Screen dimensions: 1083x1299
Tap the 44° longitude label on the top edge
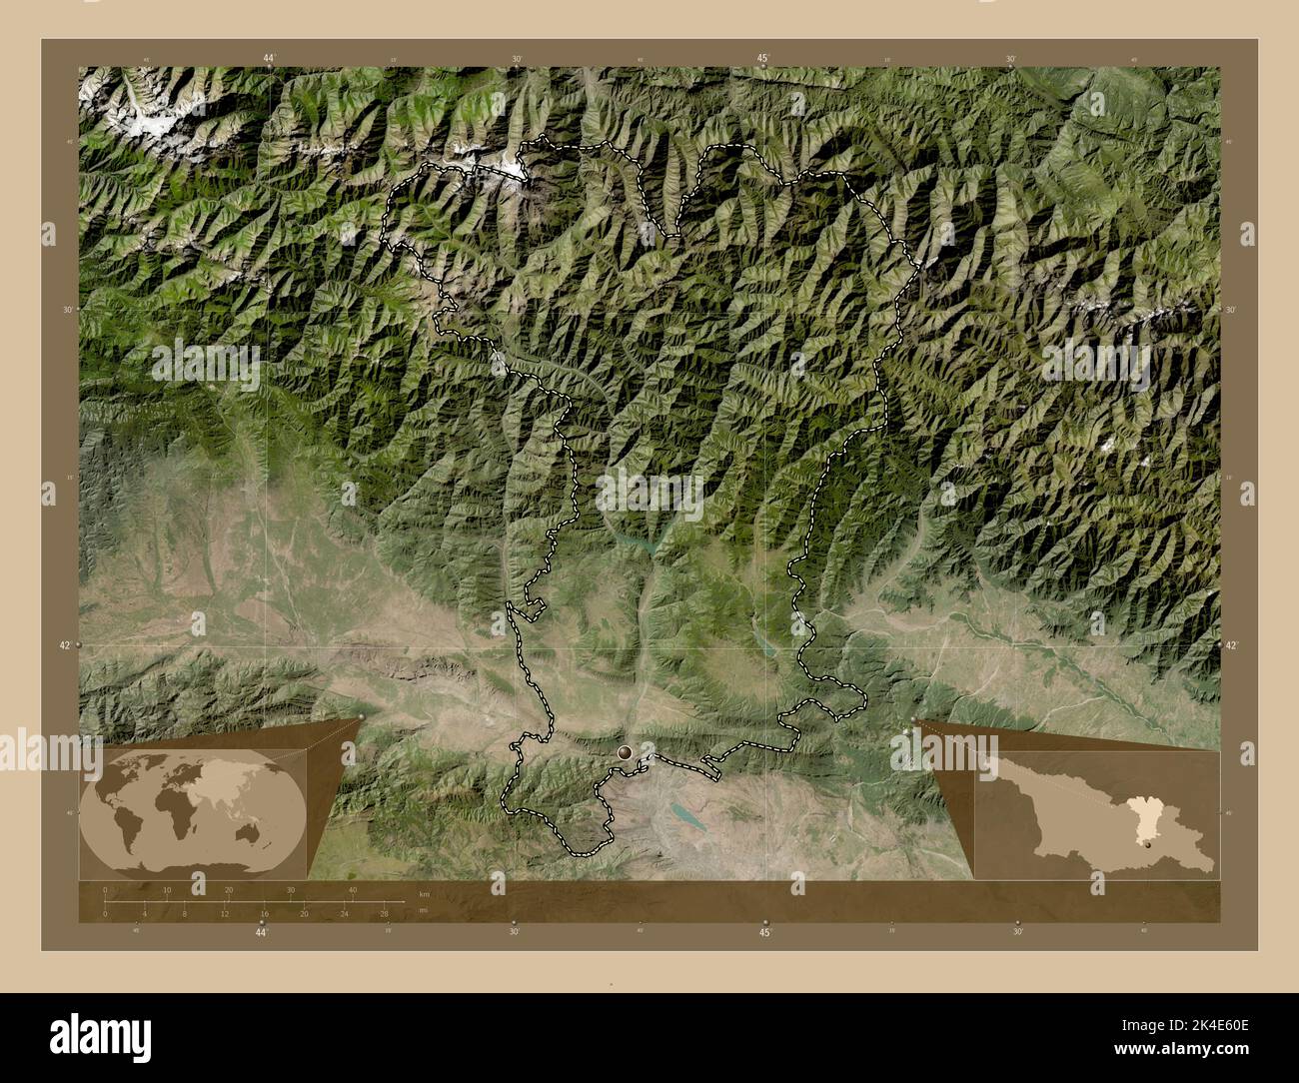[269, 59]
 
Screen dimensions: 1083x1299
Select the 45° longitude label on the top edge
[762, 59]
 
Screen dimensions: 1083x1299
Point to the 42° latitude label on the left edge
[63, 646]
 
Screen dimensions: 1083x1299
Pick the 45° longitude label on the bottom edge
[764, 932]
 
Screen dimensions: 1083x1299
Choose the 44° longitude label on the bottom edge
[261, 932]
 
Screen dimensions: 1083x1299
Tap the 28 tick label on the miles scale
[384, 913]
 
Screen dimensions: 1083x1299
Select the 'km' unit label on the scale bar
[424, 891]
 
